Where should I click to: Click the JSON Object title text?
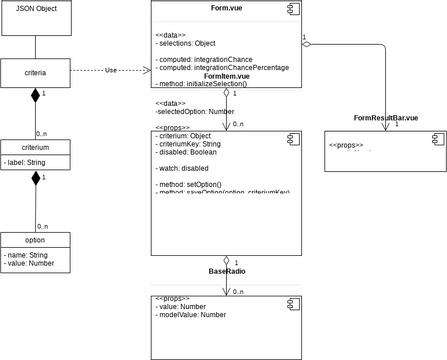pyautogui.click(x=36, y=9)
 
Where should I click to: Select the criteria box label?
pyautogui.click(x=36, y=71)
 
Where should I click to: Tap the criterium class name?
pyautogui.click(x=36, y=147)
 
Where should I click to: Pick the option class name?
pyautogui.click(x=36, y=240)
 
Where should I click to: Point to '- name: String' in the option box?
pyautogui.click(x=29, y=255)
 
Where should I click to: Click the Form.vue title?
pyautogui.click(x=229, y=9)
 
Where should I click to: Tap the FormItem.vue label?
pyautogui.click(x=229, y=76)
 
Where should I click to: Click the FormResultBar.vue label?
pyautogui.click(x=386, y=119)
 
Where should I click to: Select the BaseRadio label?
pyautogui.click(x=228, y=271)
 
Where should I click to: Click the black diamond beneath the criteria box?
pyautogui.click(x=36, y=95)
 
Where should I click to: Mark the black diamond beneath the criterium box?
pyautogui.click(x=36, y=178)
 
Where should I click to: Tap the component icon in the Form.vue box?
pyautogui.click(x=296, y=8)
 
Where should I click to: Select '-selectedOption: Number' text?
pyautogui.click(x=195, y=112)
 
